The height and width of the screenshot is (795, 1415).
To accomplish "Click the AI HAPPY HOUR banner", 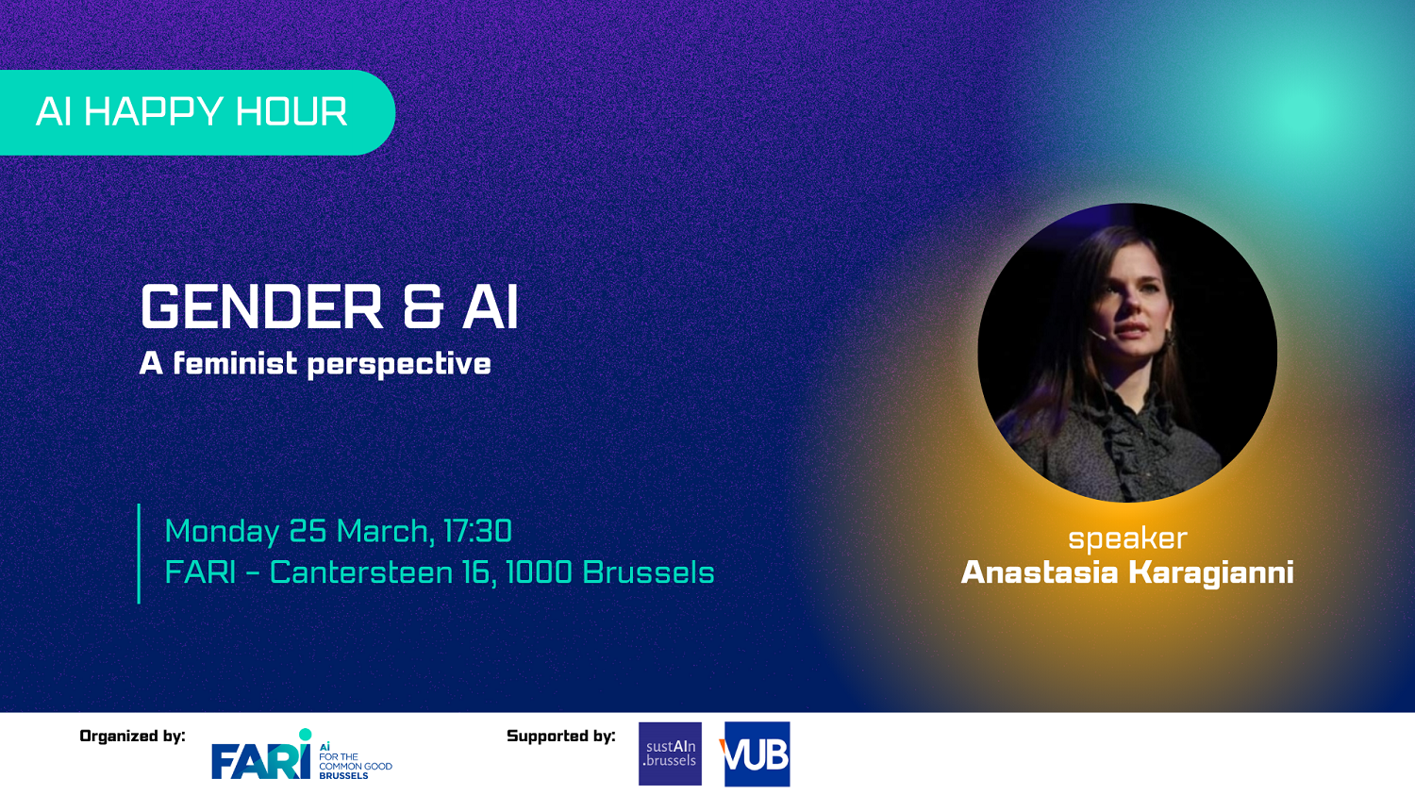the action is (x=196, y=112).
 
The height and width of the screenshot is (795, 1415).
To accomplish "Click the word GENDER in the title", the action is (x=261, y=306).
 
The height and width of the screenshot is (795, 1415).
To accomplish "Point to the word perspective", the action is (x=399, y=365).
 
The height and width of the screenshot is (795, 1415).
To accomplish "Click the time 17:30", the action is (x=477, y=531).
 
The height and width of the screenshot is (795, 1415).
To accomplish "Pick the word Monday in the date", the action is (x=222, y=532).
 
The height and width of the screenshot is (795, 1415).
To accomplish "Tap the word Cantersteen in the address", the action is (x=361, y=572).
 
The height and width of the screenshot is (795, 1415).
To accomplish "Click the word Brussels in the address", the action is (x=648, y=572).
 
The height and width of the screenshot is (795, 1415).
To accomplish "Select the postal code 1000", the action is (x=539, y=572).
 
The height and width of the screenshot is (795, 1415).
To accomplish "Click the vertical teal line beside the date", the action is (x=139, y=554).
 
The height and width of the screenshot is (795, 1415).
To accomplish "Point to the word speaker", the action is (x=1127, y=539).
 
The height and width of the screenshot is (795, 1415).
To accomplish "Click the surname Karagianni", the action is (x=1211, y=572).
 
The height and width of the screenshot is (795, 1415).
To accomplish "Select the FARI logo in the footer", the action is (x=302, y=755).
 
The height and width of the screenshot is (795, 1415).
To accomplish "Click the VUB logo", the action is (x=757, y=754).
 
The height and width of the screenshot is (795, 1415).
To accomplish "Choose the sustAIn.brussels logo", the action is (x=670, y=754).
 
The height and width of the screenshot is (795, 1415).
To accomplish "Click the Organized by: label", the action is (x=133, y=737).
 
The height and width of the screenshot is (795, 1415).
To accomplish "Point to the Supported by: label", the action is (x=561, y=737).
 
